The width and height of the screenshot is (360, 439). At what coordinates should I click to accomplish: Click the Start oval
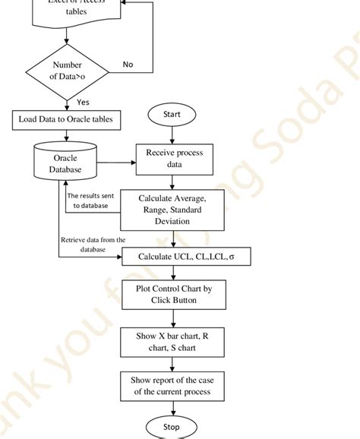tap(172, 115)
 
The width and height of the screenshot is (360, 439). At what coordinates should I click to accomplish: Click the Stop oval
tap(172, 426)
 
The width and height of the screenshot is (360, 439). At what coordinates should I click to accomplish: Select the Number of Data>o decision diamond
tap(67, 70)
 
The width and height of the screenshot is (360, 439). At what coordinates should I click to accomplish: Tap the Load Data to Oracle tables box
tap(67, 119)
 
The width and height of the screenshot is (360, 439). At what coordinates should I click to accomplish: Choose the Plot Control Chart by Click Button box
tap(172, 294)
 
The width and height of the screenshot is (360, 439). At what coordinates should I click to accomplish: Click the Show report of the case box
tap(172, 386)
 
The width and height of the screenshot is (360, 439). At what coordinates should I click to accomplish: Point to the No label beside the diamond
tap(128, 65)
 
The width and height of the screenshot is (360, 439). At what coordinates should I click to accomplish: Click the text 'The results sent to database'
tap(92, 201)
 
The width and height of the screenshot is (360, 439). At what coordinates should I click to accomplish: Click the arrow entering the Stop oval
tap(172, 409)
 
